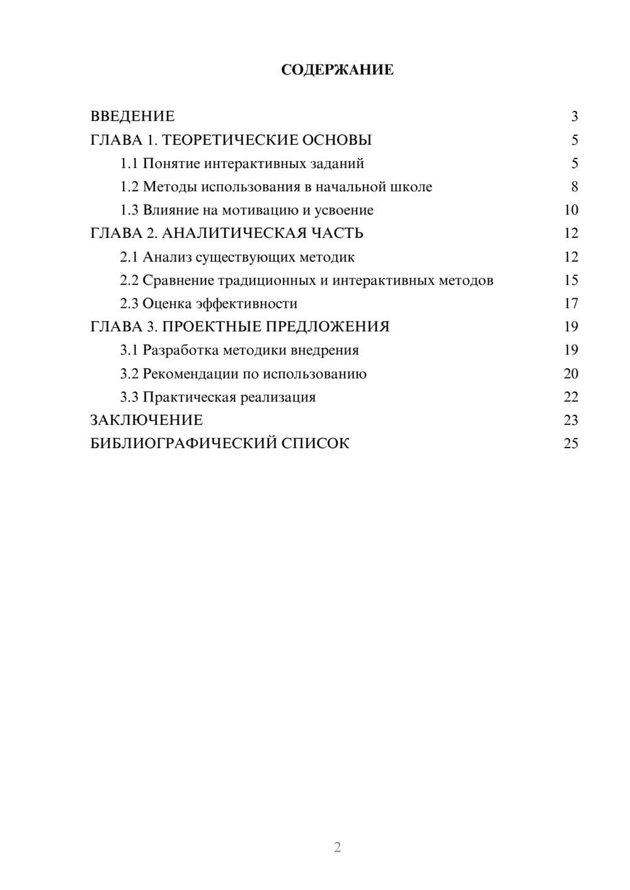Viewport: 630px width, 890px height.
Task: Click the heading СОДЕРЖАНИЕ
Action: [x=337, y=70]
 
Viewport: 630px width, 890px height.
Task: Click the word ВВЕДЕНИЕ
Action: [x=132, y=116]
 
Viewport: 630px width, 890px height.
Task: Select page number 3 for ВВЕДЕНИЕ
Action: [x=574, y=116]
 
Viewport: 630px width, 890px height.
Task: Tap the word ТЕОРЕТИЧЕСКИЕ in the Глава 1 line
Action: [x=230, y=140]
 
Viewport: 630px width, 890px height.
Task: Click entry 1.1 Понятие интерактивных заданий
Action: [x=242, y=164]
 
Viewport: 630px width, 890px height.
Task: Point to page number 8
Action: [x=574, y=187]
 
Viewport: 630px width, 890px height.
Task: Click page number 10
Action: [x=571, y=210]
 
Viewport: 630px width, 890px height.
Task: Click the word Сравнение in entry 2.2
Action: [x=178, y=280]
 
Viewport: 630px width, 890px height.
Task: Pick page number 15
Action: [x=571, y=280]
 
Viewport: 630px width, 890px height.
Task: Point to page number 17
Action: [x=571, y=303]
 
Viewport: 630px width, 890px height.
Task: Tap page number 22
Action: [x=571, y=397]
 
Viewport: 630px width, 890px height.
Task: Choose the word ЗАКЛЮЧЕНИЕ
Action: [x=146, y=420]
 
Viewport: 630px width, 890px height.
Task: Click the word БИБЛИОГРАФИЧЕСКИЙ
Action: [x=183, y=444]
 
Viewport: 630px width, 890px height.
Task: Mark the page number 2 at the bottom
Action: [x=337, y=847]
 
